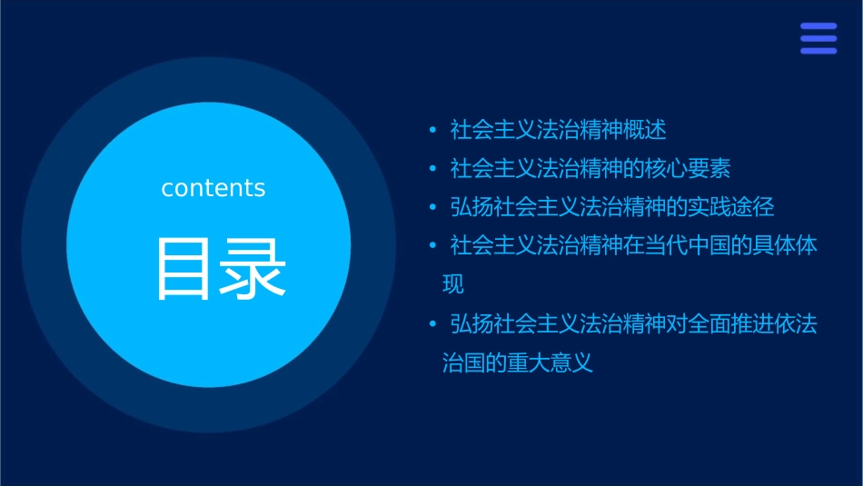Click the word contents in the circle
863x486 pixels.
coord(213,188)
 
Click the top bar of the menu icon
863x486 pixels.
coord(818,26)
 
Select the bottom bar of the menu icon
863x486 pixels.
coord(818,51)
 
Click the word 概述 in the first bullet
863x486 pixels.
coord(645,130)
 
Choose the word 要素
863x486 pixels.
coord(710,169)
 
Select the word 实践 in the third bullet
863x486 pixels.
coord(710,207)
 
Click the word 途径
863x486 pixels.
coord(754,207)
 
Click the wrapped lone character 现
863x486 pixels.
coord(452,284)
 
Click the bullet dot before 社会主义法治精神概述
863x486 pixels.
coord(432,131)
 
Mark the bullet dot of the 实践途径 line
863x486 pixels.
coord(432,208)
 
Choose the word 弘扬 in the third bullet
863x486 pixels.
coord(472,207)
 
